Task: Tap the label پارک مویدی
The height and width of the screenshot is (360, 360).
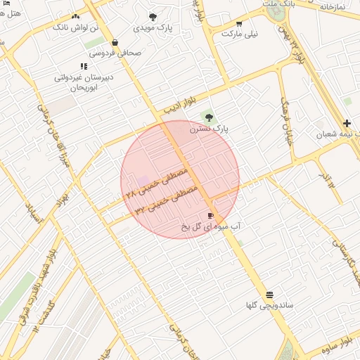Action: pos(153,28)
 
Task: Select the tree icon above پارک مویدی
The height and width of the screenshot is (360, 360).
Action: pos(153,17)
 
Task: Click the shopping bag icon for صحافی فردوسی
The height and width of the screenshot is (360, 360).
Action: pos(115,42)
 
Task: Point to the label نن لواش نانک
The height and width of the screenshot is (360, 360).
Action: pos(71,26)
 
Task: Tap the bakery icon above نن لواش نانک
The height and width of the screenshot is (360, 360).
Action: pos(76,15)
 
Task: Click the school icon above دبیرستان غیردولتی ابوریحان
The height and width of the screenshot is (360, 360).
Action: pos(84,66)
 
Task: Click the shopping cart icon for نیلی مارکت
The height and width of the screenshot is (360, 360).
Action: pos(239,24)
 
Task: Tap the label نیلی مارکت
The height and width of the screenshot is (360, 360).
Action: pos(240,34)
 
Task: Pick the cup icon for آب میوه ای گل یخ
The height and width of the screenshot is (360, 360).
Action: pos(210,215)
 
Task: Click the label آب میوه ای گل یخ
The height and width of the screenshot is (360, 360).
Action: pos(211,226)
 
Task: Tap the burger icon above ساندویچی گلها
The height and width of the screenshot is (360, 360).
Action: pos(270,294)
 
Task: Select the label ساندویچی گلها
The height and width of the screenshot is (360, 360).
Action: pos(264,305)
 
